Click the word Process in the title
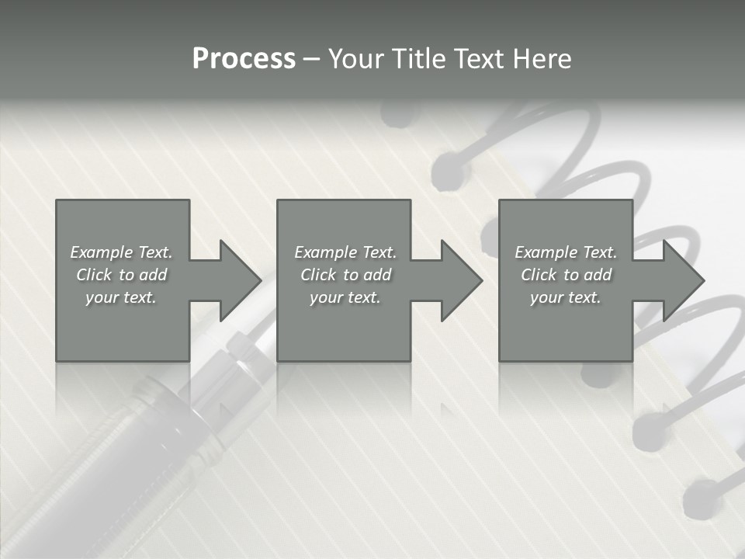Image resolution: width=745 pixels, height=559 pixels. tap(244, 59)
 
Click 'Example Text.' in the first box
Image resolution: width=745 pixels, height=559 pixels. tap(121, 252)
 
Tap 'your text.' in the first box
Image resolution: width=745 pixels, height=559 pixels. tap(121, 297)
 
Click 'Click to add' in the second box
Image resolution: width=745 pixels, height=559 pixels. tap(345, 275)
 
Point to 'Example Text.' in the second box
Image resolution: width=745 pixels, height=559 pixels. tap(345, 252)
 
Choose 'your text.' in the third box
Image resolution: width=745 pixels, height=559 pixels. tap(566, 297)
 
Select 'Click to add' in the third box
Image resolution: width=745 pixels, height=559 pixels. tap(566, 275)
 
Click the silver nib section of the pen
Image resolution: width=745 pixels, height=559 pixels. tap(233, 373)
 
